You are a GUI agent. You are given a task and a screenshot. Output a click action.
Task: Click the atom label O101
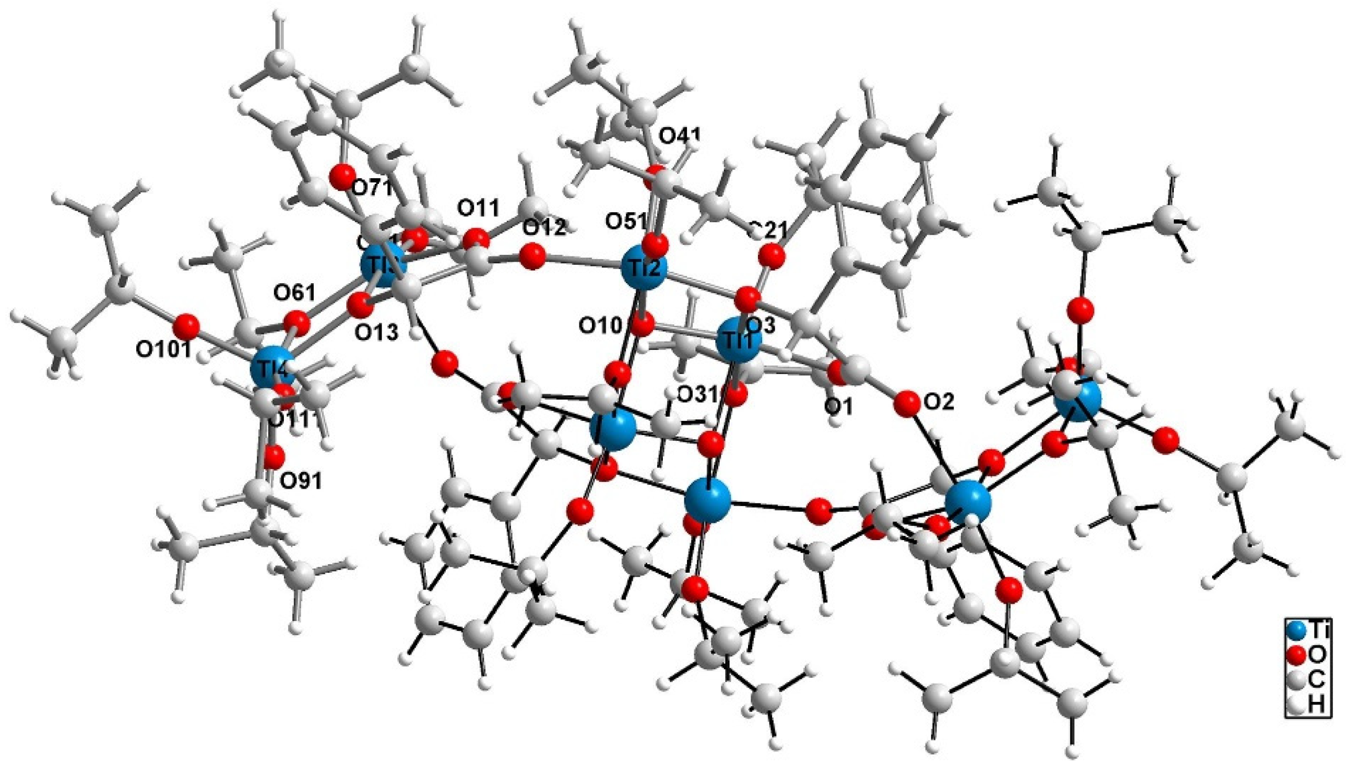pyautogui.click(x=164, y=350)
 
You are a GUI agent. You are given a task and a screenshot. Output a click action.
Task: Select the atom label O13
pyautogui.click(x=376, y=333)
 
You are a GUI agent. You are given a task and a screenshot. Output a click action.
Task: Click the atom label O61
pyautogui.click(x=294, y=291)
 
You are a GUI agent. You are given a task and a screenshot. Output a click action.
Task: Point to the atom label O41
pyautogui.click(x=680, y=136)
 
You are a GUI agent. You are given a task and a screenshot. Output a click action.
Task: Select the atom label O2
pyautogui.click(x=939, y=402)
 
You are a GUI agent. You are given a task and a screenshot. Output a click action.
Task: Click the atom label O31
pyautogui.click(x=697, y=394)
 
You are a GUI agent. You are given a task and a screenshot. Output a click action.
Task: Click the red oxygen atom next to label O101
pyautogui.click(x=186, y=327)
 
